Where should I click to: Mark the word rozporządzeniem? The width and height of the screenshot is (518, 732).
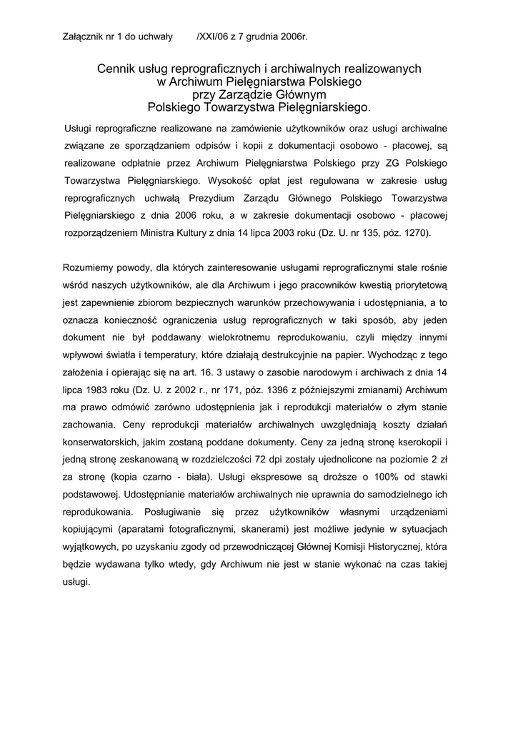[102, 234]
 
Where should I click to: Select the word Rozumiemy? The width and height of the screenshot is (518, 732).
[92, 269]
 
